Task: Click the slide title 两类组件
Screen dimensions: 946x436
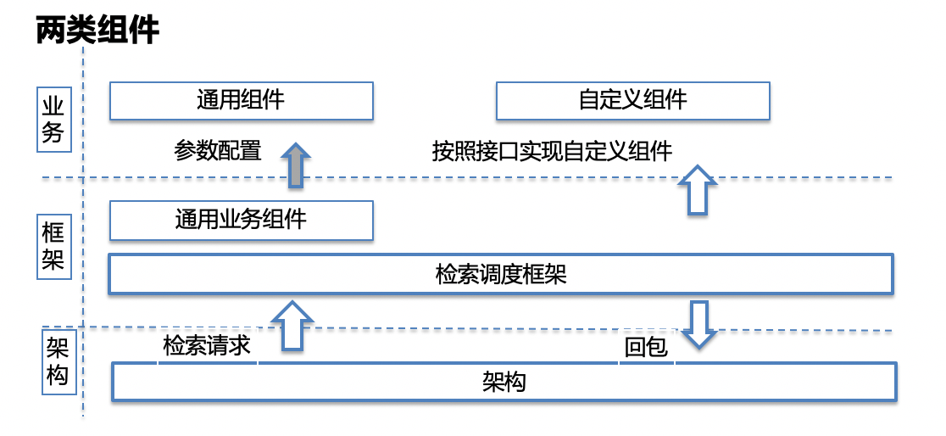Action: (97, 31)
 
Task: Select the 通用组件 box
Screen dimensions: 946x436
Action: (242, 101)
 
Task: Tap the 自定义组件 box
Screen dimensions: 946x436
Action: (633, 101)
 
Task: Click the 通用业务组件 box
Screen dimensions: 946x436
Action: (242, 221)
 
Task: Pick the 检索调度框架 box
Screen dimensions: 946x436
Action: (501, 275)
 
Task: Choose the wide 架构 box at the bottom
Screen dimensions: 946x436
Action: (504, 382)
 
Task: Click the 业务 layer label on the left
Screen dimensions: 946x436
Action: (53, 120)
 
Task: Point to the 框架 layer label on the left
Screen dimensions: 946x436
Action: (53, 246)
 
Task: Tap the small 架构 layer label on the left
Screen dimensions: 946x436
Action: (59, 361)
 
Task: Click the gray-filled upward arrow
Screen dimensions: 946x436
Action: (296, 165)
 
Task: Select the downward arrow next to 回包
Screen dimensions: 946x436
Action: (698, 325)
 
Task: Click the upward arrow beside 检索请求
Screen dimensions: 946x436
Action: (292, 326)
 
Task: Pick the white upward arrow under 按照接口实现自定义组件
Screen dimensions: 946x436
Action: (698, 190)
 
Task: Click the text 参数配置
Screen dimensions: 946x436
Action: (218, 150)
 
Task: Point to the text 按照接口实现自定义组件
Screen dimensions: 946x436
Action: (552, 151)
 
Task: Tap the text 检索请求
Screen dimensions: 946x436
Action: (206, 346)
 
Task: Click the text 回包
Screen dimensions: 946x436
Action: (646, 349)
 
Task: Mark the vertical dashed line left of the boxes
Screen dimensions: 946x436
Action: (83, 232)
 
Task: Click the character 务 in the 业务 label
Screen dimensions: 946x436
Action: (53, 133)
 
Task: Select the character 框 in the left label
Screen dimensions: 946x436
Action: (53, 233)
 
